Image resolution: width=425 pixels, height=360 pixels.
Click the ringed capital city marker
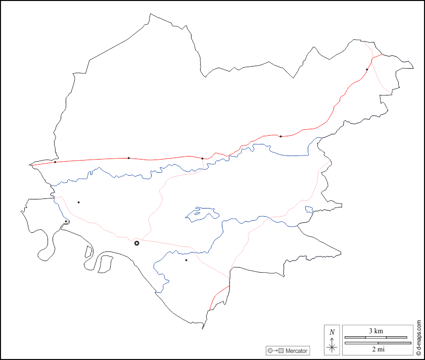pyautogui.click(x=136, y=243)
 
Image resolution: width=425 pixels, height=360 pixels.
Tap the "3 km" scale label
pyautogui.click(x=375, y=331)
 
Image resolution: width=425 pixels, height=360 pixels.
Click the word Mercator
pyautogui.click(x=296, y=351)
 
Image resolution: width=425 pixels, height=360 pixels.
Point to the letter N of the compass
pyautogui.click(x=332, y=332)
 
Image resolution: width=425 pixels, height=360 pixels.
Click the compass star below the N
pyautogui.click(x=332, y=347)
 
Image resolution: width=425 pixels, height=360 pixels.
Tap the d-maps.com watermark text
pyautogui.click(x=419, y=338)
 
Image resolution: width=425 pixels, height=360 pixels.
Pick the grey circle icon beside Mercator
pyautogui.click(x=270, y=351)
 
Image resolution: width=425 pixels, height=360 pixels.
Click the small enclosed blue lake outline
pyautogui.click(x=202, y=214)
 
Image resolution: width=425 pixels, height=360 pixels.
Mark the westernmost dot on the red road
pyautogui.click(x=55, y=162)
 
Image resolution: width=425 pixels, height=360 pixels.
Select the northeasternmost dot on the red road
pyautogui.click(x=367, y=70)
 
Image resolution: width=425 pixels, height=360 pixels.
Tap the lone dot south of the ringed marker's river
pyautogui.click(x=186, y=261)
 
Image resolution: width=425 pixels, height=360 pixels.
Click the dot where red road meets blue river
pyautogui.click(x=202, y=159)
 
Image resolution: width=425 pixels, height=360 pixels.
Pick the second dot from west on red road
pyautogui.click(x=128, y=158)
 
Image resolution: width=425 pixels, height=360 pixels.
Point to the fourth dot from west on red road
pyautogui.click(x=280, y=136)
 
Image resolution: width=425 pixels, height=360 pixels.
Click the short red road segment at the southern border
pyautogui.click(x=218, y=295)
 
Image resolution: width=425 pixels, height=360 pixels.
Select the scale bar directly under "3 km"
pyautogui.click(x=375, y=337)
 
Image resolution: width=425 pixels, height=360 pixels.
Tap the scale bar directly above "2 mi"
pyautogui.click(x=377, y=343)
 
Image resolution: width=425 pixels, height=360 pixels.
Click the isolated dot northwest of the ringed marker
pyautogui.click(x=78, y=202)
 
